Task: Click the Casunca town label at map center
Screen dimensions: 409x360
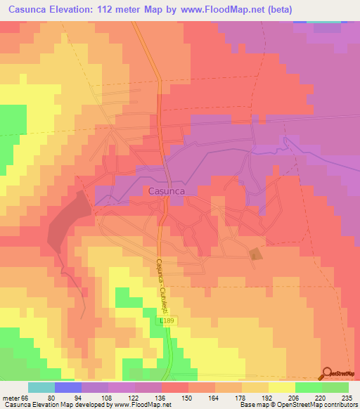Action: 166,190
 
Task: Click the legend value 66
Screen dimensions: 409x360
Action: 26,397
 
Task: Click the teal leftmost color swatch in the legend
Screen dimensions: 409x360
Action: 41,387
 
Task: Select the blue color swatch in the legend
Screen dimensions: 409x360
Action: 68,387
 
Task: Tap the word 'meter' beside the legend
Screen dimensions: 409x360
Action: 10,397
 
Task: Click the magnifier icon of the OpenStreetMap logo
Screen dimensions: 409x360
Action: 327,372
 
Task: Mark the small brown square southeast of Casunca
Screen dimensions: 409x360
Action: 255,254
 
